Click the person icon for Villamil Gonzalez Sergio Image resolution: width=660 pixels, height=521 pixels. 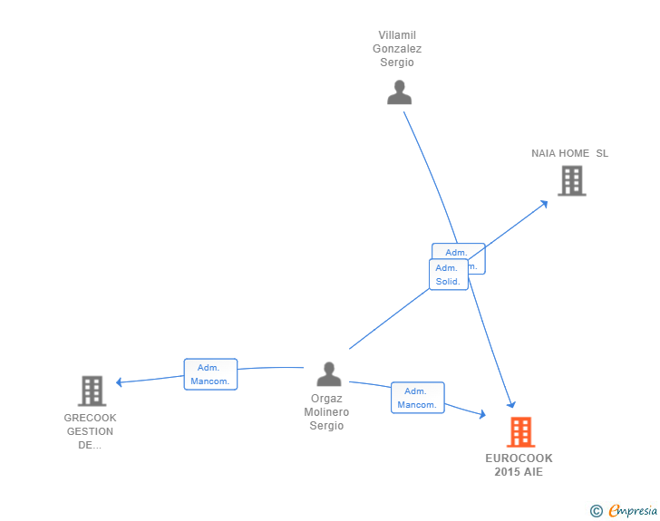click(x=399, y=92)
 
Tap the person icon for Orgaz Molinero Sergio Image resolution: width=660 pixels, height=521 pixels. click(x=329, y=374)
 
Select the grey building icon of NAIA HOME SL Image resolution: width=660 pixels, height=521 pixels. click(x=571, y=181)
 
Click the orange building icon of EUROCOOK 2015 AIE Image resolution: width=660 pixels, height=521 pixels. click(x=520, y=432)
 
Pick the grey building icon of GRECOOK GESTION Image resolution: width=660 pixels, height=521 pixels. click(x=92, y=391)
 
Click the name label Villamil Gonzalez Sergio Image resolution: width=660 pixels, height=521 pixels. click(x=399, y=49)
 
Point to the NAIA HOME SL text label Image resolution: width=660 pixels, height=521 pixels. click(x=569, y=153)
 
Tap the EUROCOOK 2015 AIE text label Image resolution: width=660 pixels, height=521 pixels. click(x=519, y=465)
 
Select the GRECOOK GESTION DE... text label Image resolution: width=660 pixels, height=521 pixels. click(x=90, y=431)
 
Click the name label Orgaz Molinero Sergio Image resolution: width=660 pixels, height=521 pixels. click(x=326, y=412)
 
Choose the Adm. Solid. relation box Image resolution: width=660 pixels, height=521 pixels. click(x=448, y=275)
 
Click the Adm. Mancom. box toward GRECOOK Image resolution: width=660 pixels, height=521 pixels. click(x=210, y=374)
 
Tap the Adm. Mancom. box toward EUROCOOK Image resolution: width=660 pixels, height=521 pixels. click(x=417, y=398)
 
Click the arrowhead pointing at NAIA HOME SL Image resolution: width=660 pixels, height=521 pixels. click(x=543, y=203)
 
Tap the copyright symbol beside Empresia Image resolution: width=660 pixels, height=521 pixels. click(x=596, y=512)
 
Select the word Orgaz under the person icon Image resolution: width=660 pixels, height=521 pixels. click(x=326, y=399)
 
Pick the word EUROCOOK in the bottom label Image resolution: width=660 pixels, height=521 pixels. click(x=519, y=458)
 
